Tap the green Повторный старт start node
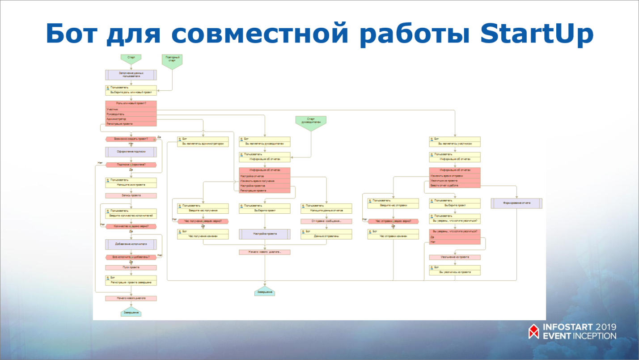tap(172, 61)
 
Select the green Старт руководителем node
tap(311, 123)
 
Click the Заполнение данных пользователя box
tap(131, 75)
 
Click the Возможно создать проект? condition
tap(131, 139)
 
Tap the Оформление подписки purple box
tap(131, 152)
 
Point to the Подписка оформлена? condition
tap(131, 165)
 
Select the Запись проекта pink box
tap(131, 195)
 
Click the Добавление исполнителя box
tap(131, 244)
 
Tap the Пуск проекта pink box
tap(131, 267)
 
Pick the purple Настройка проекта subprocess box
tap(265, 234)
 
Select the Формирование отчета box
tap(516, 203)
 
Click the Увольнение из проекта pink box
tap(455, 257)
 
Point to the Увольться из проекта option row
tap(455, 181)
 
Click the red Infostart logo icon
tap(533, 331)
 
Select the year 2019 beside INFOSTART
tap(606, 327)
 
